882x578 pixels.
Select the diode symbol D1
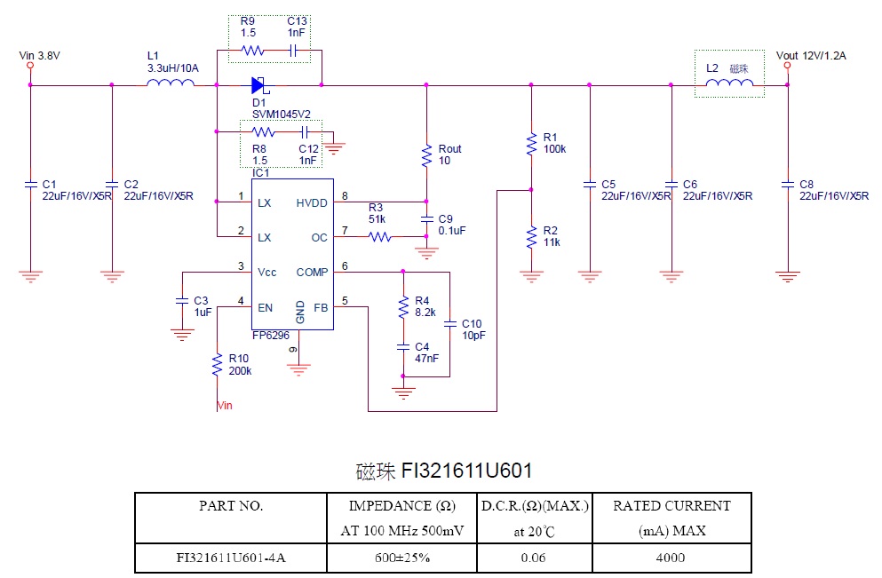tap(259, 85)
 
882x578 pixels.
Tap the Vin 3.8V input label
tap(40, 55)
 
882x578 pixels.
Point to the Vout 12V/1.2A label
tap(810, 55)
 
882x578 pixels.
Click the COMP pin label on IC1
tap(312, 273)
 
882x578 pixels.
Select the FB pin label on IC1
tap(321, 307)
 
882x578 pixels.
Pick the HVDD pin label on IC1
tap(312, 203)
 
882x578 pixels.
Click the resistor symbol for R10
tap(216, 364)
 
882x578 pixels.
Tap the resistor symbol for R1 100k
tap(531, 144)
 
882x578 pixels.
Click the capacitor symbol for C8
tap(787, 185)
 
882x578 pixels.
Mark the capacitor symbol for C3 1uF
tap(181, 302)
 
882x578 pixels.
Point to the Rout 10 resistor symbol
tap(426, 155)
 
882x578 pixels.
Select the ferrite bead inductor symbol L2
tap(730, 84)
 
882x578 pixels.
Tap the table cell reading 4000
tap(671, 558)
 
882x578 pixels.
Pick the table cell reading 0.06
tap(533, 558)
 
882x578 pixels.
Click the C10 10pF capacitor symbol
tap(450, 323)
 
